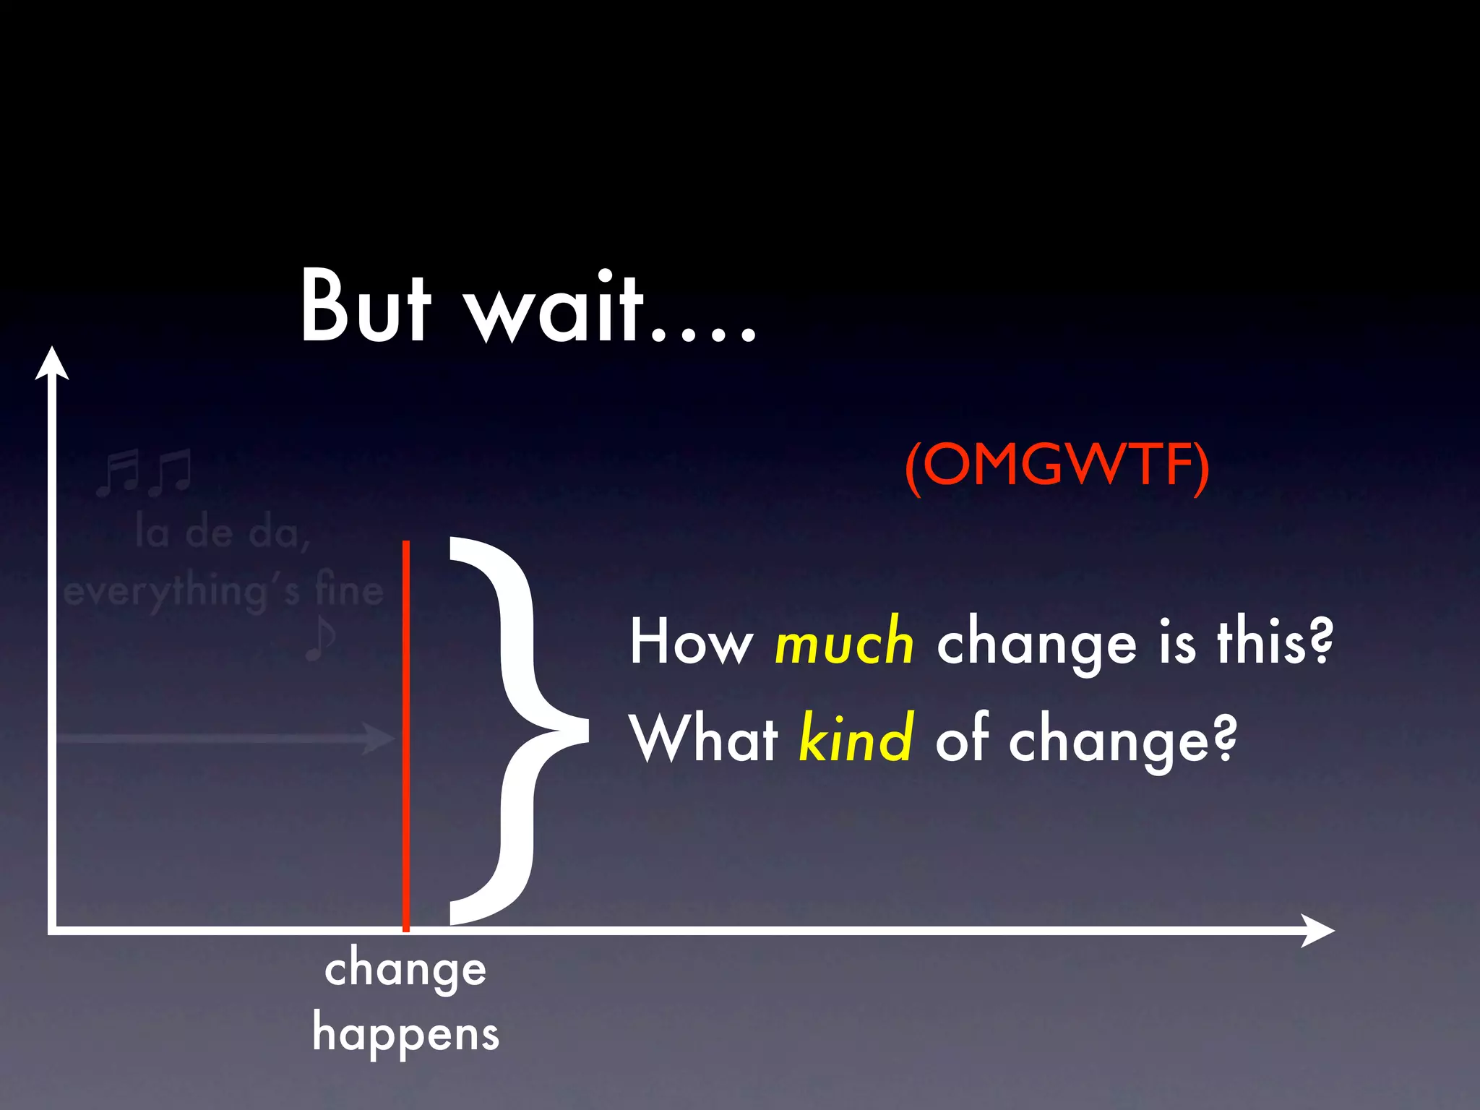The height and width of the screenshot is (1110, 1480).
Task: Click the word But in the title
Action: pyautogui.click(x=366, y=307)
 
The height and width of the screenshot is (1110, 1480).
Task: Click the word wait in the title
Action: pyautogui.click(x=554, y=307)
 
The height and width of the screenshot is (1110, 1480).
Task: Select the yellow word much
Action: pyautogui.click(x=844, y=642)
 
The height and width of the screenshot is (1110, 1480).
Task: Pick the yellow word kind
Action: pyautogui.click(x=856, y=739)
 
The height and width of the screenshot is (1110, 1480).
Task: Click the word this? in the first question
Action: pyautogui.click(x=1275, y=641)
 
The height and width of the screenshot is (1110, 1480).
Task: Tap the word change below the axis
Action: pyautogui.click(x=405, y=970)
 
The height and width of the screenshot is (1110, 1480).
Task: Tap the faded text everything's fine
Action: pyautogui.click(x=223, y=593)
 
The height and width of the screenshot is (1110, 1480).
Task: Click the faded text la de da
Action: pyautogui.click(x=223, y=534)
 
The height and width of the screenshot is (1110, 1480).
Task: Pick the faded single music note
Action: pyautogui.click(x=320, y=639)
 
